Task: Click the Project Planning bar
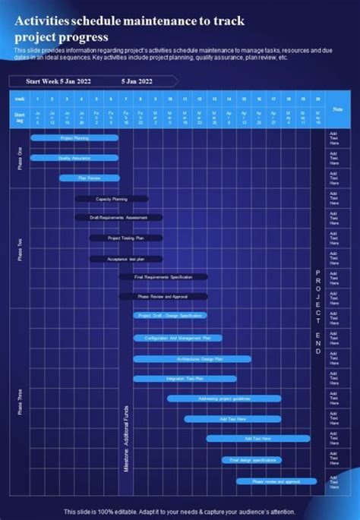pos(74,138)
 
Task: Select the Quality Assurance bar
pos(74,158)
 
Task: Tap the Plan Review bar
pos(90,178)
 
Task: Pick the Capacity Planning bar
pos(112,199)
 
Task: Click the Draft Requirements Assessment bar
pos(118,218)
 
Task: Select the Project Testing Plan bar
pos(126,238)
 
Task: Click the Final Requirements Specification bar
pos(163,277)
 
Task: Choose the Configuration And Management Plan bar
pos(178,338)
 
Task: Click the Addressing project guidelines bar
pos(224,398)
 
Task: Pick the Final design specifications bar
pos(251,459)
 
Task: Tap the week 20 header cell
pos(317,99)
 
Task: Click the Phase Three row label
pos(21,402)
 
